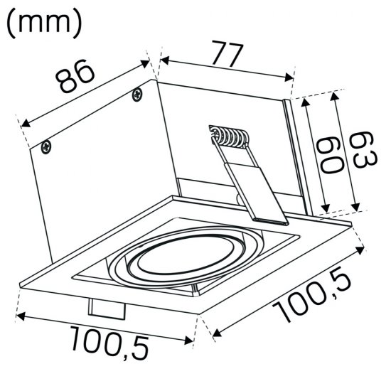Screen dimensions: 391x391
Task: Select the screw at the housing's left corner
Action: pos(45,146)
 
